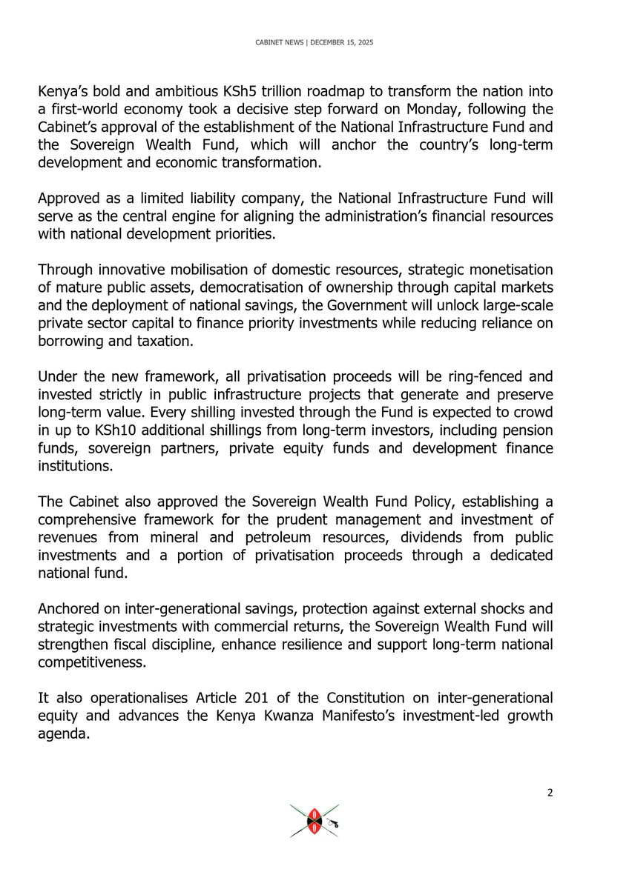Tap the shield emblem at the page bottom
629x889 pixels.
coord(314,821)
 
